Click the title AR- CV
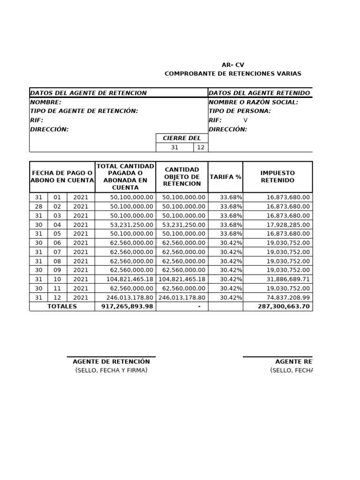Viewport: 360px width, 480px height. pyautogui.click(x=233, y=65)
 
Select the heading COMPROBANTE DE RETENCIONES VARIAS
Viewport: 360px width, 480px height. pyautogui.click(x=233, y=74)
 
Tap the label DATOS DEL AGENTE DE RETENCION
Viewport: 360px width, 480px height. pyautogui.click(x=89, y=93)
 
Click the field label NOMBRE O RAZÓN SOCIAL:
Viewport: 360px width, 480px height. pyautogui.click(x=253, y=102)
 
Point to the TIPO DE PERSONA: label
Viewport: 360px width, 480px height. pyautogui.click(x=240, y=111)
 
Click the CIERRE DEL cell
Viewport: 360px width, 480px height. pyautogui.click(x=181, y=138)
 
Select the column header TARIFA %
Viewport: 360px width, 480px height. pyautogui.click(x=225, y=177)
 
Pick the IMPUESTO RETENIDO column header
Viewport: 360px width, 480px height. pyautogui.click(x=277, y=177)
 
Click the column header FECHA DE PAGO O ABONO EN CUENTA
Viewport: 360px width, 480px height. pyautogui.click(x=62, y=177)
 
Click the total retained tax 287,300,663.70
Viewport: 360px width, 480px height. pyautogui.click(x=284, y=306)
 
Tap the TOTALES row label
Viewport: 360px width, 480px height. pyautogui.click(x=62, y=306)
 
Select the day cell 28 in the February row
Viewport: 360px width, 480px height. pyautogui.click(x=38, y=206)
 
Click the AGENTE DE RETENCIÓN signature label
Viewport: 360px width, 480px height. pyautogui.click(x=111, y=361)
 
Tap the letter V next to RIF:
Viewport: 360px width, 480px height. pyautogui.click(x=245, y=120)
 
